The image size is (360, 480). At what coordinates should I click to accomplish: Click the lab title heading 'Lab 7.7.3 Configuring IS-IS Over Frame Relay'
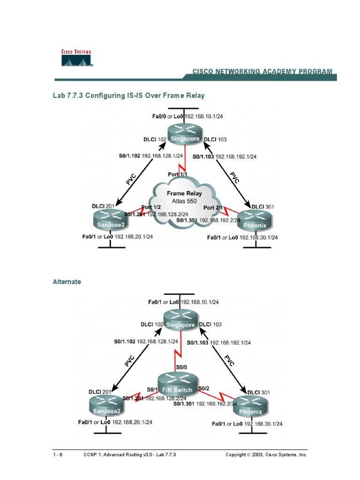(x=128, y=96)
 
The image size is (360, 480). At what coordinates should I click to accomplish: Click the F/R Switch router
(x=174, y=385)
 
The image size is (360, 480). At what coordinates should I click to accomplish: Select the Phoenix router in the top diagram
(x=254, y=220)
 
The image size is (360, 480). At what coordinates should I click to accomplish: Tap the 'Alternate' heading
(x=67, y=282)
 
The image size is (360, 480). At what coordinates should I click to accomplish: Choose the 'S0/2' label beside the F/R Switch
(x=204, y=389)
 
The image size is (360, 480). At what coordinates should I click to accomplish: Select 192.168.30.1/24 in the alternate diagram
(x=263, y=424)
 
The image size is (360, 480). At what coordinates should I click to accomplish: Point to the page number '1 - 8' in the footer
(x=58, y=455)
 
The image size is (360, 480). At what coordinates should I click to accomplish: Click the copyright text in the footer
(x=266, y=455)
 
